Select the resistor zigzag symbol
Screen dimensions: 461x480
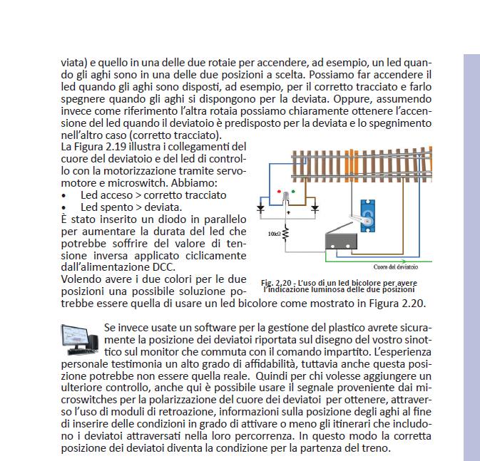click(x=285, y=234)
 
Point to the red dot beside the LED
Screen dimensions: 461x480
click(x=280, y=192)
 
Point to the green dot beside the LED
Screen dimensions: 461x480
click(x=297, y=192)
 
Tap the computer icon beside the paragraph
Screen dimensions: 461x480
click(x=79, y=339)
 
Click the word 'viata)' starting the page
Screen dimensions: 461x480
click(x=74, y=63)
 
